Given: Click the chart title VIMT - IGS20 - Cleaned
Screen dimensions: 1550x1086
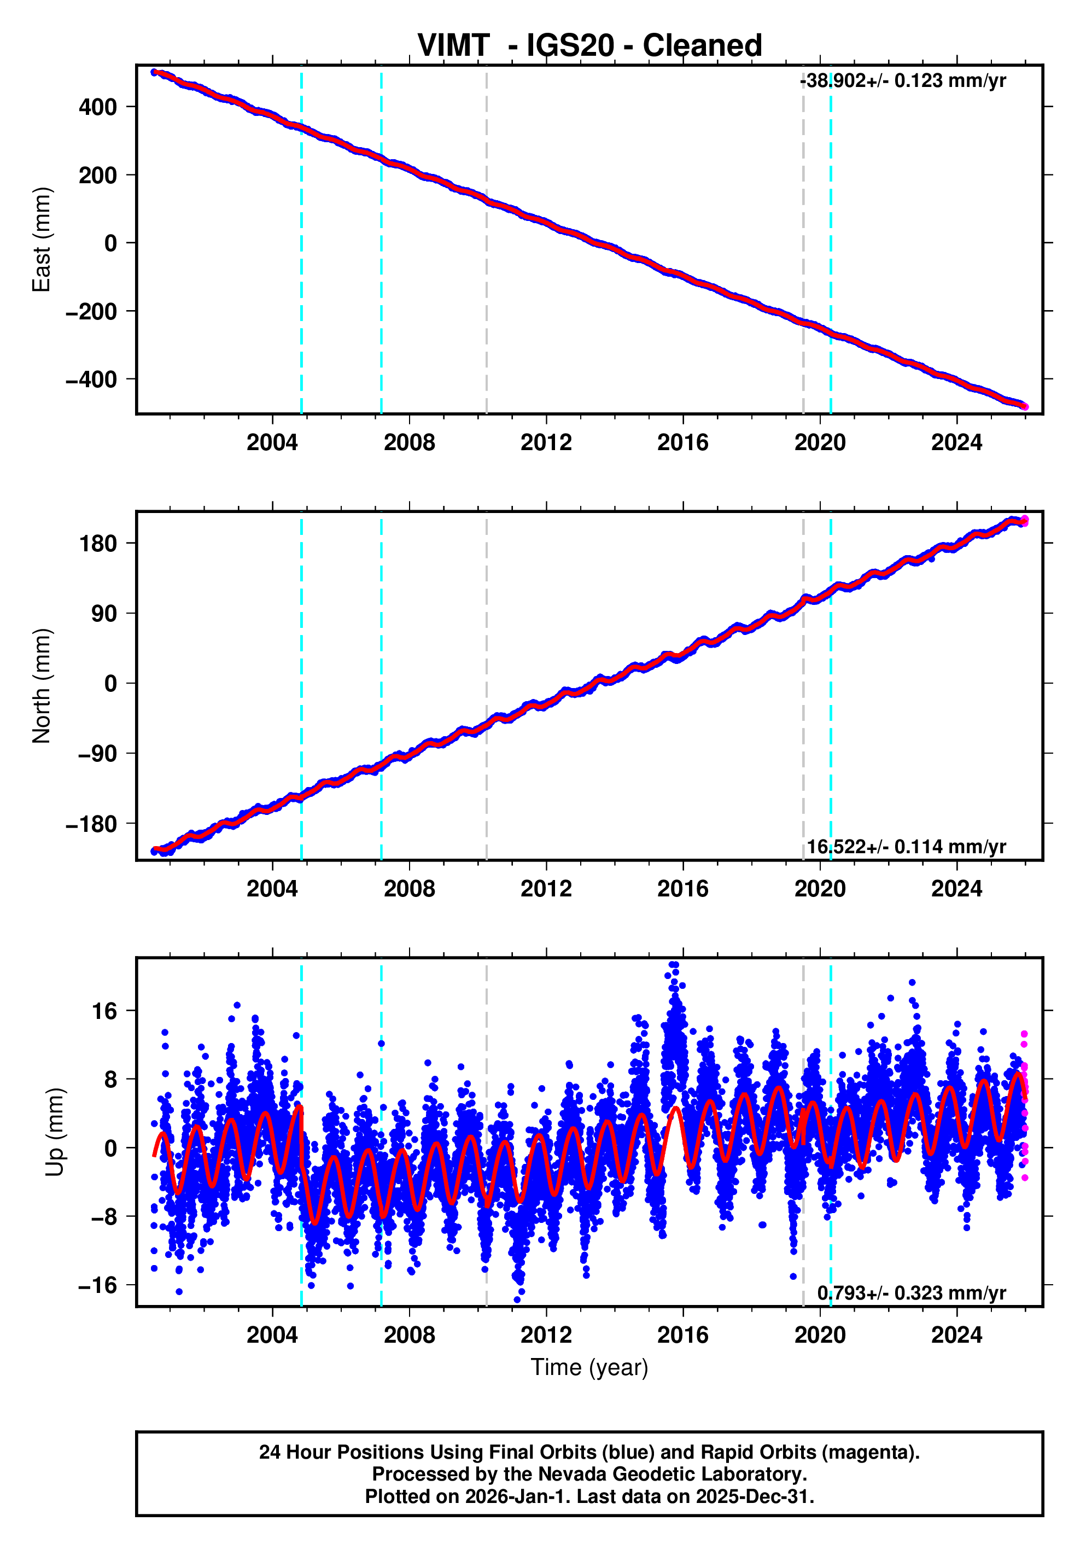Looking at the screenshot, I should pos(589,46).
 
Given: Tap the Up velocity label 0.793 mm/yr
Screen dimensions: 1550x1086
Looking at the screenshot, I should pos(911,1293).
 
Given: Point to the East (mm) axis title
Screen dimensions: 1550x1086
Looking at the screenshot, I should pos(42,240).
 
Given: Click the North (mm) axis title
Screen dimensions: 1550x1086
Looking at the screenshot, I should pos(42,686).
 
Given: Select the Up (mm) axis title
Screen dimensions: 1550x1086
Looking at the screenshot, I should pos(55,1132).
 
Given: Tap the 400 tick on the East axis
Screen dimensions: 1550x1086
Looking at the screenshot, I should pos(98,107).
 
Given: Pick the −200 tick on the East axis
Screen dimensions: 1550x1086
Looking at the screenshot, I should pos(91,312).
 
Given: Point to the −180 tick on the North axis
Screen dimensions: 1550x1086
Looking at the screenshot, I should pos(91,824).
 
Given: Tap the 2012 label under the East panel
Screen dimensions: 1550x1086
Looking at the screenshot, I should pos(546,443).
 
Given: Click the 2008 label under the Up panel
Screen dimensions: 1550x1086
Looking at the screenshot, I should pos(409,1335).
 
